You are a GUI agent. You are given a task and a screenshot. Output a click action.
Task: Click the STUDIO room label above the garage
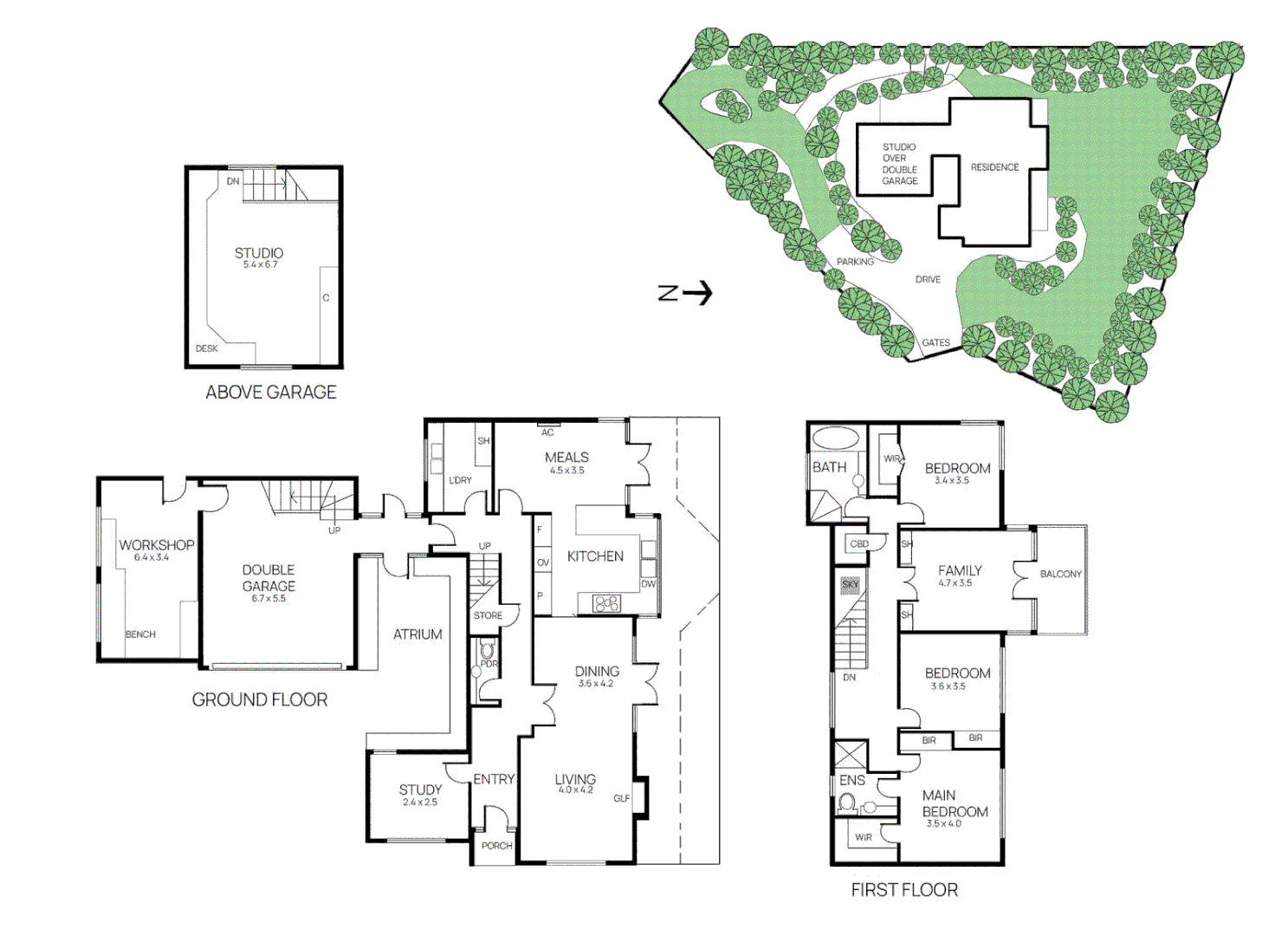(x=259, y=253)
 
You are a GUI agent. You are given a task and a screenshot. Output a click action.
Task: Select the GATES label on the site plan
(x=935, y=342)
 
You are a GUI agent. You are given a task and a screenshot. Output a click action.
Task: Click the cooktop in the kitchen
(x=607, y=603)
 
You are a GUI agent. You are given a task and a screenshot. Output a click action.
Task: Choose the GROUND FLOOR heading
(x=259, y=699)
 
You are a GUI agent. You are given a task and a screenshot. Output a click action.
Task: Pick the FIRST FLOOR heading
(x=904, y=890)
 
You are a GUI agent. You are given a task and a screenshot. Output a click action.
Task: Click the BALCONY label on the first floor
(x=1061, y=574)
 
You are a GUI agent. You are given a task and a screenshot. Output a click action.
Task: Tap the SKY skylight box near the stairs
(x=850, y=584)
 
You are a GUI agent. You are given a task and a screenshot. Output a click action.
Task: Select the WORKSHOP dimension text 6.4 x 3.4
(x=152, y=557)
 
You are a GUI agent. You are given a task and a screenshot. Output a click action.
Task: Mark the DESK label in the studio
(x=206, y=348)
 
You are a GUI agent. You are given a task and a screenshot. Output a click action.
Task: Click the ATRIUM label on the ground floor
(x=417, y=634)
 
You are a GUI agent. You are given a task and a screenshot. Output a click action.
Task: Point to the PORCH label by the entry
(x=496, y=846)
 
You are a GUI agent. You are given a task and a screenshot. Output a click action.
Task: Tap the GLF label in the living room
(x=622, y=798)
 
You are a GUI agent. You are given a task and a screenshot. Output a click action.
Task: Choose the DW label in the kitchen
(x=648, y=583)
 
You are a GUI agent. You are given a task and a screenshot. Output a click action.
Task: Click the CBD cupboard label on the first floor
(x=859, y=543)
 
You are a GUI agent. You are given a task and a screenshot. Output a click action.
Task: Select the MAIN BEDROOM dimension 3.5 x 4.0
(x=943, y=823)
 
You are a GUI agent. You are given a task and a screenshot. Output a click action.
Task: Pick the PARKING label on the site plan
(x=855, y=262)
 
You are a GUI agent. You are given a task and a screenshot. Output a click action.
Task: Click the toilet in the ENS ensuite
(x=846, y=803)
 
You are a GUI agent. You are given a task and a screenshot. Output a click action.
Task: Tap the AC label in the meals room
(x=547, y=432)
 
